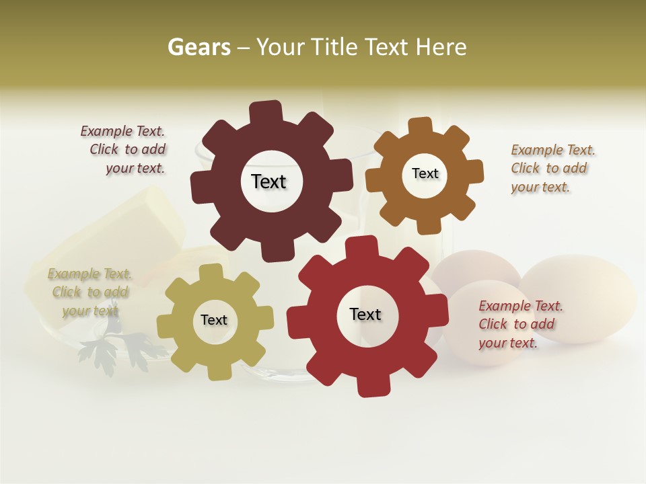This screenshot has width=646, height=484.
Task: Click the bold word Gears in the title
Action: pos(199,47)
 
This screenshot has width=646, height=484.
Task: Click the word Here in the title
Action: pos(441,47)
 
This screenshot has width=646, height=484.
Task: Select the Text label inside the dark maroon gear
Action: pos(268,182)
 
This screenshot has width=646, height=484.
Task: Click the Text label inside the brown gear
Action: pos(425,173)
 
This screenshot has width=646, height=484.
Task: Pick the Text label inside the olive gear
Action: pos(214,320)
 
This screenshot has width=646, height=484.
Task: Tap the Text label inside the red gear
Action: pos(365,314)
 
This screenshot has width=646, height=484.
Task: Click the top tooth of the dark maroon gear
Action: pos(266,112)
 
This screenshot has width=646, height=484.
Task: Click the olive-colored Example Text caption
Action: pos(90,292)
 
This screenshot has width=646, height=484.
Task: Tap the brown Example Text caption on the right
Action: pos(552,169)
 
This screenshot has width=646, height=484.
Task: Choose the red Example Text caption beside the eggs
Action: pos(520,325)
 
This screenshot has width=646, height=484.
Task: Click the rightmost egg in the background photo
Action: pos(579,296)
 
